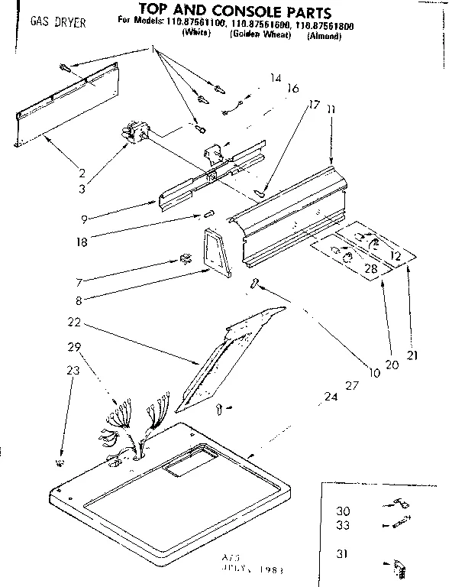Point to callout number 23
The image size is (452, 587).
[72, 371]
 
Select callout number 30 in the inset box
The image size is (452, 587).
[345, 511]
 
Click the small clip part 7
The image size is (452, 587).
[184, 260]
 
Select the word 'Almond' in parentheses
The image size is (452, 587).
[324, 35]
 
